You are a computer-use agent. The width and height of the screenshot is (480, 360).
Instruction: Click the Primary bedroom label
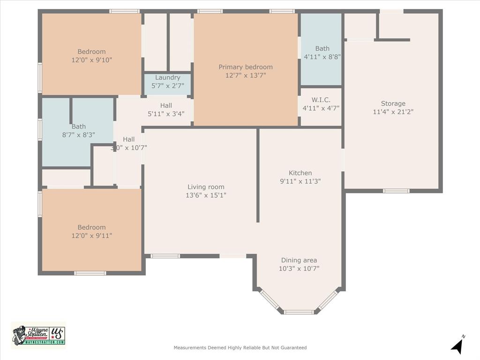point(245,67)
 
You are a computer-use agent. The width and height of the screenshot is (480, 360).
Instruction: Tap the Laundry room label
point(167,78)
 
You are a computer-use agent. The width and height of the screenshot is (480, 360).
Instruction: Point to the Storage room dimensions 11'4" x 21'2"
point(393,112)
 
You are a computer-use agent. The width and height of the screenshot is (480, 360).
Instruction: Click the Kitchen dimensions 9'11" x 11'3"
point(300,181)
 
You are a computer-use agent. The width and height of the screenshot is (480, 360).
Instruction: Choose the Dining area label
point(299,260)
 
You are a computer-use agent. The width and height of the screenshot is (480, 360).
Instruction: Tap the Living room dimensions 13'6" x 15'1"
point(206,195)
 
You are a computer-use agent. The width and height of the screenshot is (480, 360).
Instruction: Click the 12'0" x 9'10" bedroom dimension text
point(91,60)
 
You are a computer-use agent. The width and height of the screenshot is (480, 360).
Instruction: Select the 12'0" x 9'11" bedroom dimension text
point(91,236)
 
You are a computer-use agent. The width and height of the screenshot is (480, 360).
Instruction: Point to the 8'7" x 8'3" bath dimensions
point(78,135)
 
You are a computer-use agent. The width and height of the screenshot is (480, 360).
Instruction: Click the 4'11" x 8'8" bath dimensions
point(322,57)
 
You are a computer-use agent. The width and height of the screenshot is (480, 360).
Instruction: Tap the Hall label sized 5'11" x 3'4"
point(166,105)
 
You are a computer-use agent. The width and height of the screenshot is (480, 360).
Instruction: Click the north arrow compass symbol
point(457,346)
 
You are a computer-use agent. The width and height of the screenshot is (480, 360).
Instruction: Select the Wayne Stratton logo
point(38,335)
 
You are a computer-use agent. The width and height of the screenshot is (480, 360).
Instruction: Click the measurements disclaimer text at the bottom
point(240,348)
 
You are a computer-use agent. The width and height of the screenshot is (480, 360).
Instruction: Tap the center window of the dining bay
point(299,312)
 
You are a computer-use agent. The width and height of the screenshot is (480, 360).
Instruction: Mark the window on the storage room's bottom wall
point(396,191)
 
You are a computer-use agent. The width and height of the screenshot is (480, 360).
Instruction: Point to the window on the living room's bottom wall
point(165,256)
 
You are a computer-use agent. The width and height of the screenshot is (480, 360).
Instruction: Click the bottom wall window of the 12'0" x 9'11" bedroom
point(90,273)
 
